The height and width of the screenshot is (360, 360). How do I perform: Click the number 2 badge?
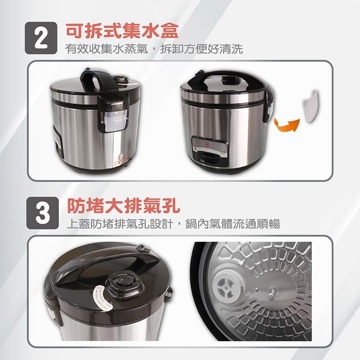[x=41, y=38]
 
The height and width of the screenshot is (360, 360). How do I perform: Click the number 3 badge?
[x=43, y=213]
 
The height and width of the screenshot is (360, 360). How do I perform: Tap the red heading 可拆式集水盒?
[x=122, y=31]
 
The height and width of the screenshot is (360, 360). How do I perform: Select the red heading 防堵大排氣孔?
[x=124, y=205]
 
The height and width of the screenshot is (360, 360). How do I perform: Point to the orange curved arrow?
[x=287, y=126]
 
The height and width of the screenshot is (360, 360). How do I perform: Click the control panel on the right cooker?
[x=210, y=151]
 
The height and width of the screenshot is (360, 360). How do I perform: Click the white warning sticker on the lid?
[x=102, y=299]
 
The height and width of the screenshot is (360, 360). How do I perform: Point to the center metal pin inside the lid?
[x=272, y=292]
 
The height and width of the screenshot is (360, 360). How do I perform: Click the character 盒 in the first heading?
[x=169, y=31]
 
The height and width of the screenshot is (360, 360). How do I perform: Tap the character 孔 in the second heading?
[x=171, y=205]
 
